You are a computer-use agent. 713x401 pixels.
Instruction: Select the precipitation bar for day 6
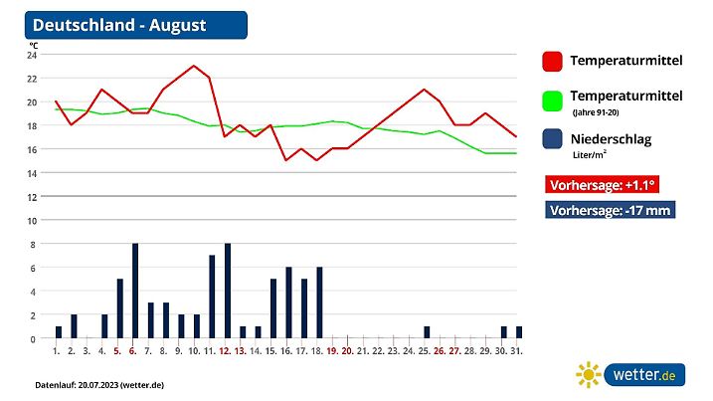[x=135, y=291]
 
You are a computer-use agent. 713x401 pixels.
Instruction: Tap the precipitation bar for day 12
[x=227, y=291]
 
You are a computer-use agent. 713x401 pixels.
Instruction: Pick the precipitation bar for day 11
[x=212, y=297]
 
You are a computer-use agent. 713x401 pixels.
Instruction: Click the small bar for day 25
[x=427, y=332]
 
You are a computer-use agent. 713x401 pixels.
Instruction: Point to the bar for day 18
[x=319, y=302]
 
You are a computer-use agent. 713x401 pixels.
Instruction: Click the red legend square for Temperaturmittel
[x=552, y=62]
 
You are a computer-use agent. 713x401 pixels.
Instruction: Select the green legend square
[x=552, y=100]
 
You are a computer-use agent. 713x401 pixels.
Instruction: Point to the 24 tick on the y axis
[x=32, y=55]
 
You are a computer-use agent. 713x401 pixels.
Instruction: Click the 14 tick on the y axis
[x=32, y=173]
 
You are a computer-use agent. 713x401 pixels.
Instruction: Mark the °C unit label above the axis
[x=33, y=45]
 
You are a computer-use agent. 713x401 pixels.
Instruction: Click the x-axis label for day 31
[x=518, y=350]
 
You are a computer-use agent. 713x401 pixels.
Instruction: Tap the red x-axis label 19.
[x=332, y=350]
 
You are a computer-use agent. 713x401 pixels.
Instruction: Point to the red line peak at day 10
[x=194, y=66]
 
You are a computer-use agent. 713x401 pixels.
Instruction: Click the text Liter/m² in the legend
[x=590, y=155]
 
